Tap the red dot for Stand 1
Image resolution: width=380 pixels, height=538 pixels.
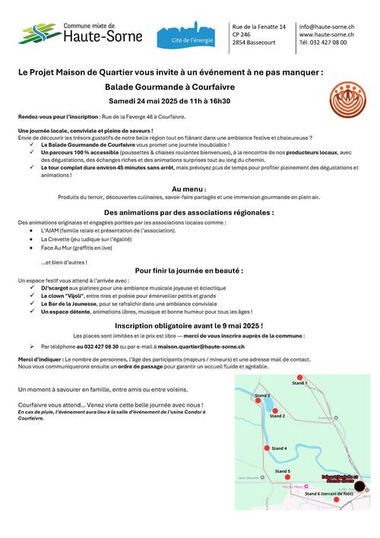tap(299, 378)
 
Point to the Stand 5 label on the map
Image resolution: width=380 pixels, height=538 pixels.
tap(283, 471)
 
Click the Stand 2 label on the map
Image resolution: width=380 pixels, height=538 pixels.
tap(278, 416)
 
